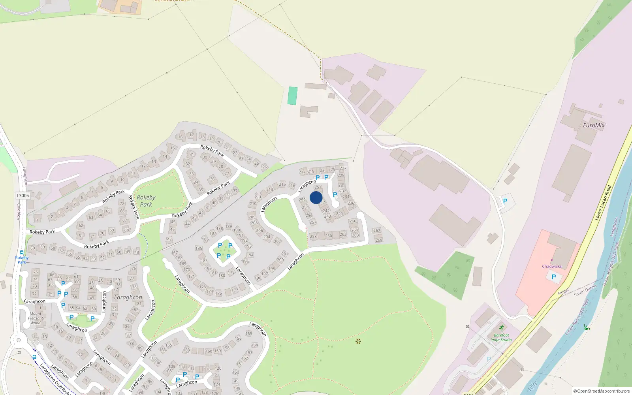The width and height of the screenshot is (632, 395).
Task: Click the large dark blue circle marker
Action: tap(316, 197)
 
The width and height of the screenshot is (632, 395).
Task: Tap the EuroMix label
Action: tap(594, 125)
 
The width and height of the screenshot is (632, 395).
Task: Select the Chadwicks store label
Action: tap(551, 266)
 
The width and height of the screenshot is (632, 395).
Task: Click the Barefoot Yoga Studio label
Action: tap(501, 337)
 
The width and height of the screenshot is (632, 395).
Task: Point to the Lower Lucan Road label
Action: tap(603, 203)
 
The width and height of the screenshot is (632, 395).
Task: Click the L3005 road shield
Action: tap(23, 196)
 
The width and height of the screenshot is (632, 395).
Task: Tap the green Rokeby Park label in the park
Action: tap(146, 201)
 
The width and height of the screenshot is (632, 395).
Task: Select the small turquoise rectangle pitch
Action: tap(292, 96)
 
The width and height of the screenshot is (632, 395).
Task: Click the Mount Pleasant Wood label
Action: tap(36, 318)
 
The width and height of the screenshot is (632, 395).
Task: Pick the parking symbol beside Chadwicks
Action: tap(553, 277)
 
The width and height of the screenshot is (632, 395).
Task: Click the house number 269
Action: tap(379, 240)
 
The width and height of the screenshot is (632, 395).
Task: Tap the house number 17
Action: tap(192, 135)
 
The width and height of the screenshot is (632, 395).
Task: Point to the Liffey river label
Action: tap(533, 385)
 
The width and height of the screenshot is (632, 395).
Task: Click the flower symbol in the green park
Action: tap(358, 341)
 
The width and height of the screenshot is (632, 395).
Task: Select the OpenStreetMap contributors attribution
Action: tap(601, 391)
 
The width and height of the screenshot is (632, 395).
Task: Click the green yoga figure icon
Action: tap(501, 327)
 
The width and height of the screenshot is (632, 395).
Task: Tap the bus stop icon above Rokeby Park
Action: tap(21, 252)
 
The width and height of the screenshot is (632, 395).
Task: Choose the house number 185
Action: tap(199, 248)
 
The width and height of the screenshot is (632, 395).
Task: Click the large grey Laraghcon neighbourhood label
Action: tap(128, 297)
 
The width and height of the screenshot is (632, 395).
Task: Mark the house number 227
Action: tap(343, 168)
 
